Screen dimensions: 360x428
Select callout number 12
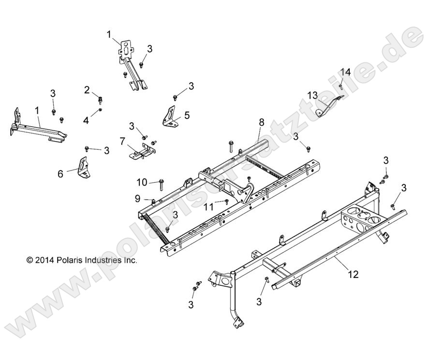353,274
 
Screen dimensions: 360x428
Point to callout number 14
345,72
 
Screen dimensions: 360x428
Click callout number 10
141,182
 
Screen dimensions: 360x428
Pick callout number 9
137,198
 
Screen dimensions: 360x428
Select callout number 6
60,173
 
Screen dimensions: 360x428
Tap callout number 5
187,115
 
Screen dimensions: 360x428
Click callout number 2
87,89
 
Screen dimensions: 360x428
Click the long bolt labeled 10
161,183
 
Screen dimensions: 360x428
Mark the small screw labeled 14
342,86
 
